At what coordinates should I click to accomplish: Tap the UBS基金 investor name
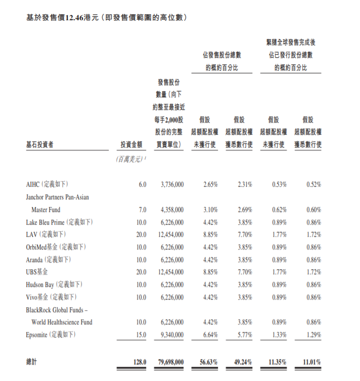click(x=37, y=272)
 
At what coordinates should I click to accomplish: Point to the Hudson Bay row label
click(x=40, y=284)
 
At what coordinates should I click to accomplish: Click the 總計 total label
click(x=31, y=362)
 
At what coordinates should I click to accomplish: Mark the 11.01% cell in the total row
click(x=311, y=362)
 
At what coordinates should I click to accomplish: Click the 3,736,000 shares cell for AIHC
click(x=172, y=185)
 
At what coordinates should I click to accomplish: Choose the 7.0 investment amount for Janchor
click(x=143, y=209)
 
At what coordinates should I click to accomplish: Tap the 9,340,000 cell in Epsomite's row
click(x=172, y=334)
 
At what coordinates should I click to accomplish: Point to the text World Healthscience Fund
click(x=62, y=322)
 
